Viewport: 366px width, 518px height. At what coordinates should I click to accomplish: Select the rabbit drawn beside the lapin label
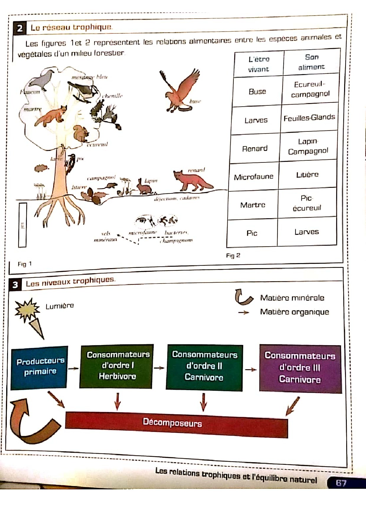(x=143, y=187)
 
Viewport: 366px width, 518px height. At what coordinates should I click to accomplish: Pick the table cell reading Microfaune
(x=254, y=177)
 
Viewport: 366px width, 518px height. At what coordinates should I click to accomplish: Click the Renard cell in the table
(x=255, y=149)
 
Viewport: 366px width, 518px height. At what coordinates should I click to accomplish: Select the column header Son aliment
(x=311, y=62)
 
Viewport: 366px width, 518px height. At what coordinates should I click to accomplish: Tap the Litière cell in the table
(x=307, y=175)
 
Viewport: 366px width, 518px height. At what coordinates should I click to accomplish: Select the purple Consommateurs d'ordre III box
(x=300, y=368)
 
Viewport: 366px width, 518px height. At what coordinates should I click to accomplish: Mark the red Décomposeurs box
(x=176, y=423)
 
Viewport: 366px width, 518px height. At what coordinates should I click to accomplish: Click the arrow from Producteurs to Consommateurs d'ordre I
(x=73, y=368)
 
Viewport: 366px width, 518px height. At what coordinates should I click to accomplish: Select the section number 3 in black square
(x=15, y=285)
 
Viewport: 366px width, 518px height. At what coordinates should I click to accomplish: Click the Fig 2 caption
(x=233, y=255)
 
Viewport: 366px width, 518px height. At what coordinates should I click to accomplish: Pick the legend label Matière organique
(x=294, y=312)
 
